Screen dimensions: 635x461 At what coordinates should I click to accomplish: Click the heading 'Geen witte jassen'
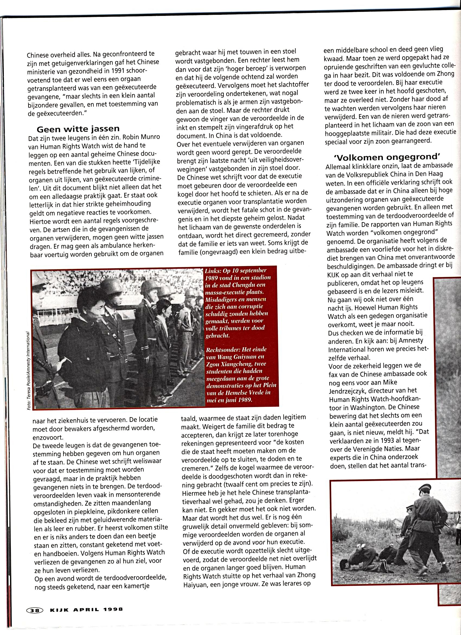[78, 129]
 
